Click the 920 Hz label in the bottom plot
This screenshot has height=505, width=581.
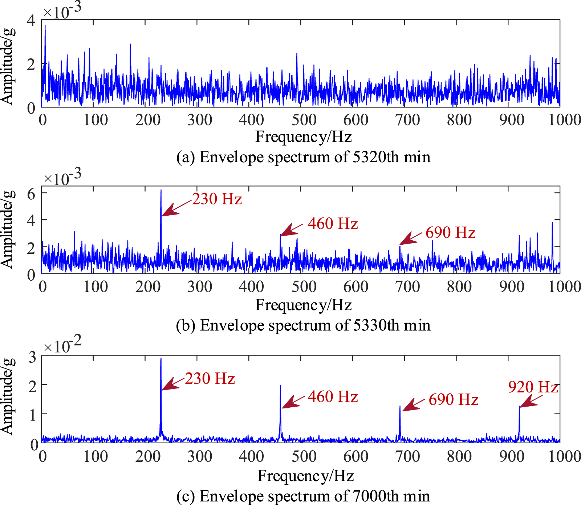[x=533, y=387]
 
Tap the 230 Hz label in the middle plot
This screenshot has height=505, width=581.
[x=217, y=199]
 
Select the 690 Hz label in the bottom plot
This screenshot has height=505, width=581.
[x=453, y=399]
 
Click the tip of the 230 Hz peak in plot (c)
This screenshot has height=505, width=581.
[x=161, y=359]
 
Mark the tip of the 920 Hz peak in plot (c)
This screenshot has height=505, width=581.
[x=519, y=407]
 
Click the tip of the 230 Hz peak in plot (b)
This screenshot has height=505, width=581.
[x=161, y=190]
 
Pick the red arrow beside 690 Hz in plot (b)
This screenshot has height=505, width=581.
[x=411, y=239]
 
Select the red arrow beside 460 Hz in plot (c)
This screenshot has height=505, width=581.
[x=293, y=402]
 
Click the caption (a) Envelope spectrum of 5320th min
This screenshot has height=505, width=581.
[x=303, y=157]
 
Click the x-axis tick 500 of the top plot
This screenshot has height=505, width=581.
[x=304, y=120]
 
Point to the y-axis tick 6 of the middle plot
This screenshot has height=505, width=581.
[x=31, y=194]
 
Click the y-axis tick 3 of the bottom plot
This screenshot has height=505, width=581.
[x=32, y=357]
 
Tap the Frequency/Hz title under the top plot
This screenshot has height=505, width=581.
[x=303, y=137]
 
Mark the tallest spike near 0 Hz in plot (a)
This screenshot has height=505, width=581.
[x=45, y=25]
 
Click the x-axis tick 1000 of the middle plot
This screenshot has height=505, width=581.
[x=564, y=287]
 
